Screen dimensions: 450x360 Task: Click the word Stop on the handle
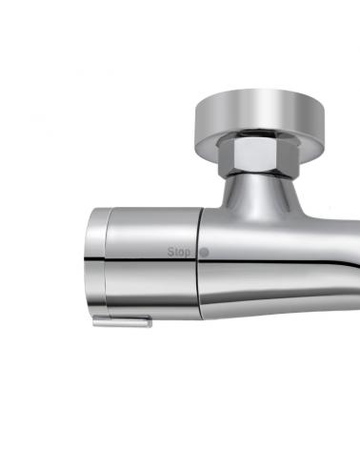coord(179,252)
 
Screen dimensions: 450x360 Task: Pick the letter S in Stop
coord(170,252)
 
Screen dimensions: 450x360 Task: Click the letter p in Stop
coord(189,253)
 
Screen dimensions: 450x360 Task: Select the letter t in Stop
coord(176,252)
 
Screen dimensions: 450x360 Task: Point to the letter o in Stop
coord(182,253)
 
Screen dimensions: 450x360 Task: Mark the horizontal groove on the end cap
coord(94,257)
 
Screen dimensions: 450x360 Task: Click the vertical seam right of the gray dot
coord(200,276)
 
